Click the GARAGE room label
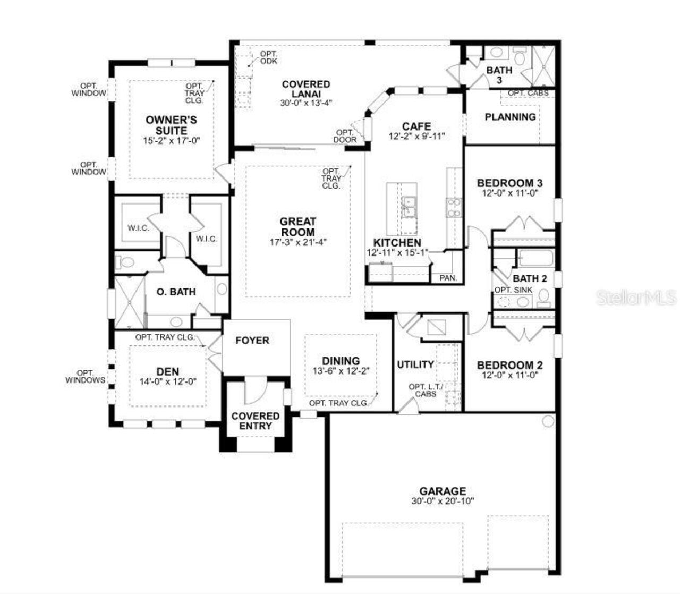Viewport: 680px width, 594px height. (x=442, y=491)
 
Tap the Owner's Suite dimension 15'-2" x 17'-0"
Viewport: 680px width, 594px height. (x=171, y=141)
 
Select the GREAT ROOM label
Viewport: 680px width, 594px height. (x=297, y=227)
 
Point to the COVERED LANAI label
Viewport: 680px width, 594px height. (x=306, y=89)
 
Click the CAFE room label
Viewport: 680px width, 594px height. (x=416, y=126)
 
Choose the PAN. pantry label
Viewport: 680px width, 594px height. (x=448, y=278)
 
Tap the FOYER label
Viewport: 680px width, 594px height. (x=252, y=341)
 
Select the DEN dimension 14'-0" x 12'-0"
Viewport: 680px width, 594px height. (x=168, y=381)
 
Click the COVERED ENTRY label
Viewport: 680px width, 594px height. (x=256, y=421)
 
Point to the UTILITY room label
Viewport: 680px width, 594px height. (x=415, y=364)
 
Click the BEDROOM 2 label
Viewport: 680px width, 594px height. (x=509, y=365)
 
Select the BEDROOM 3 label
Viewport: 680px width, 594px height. (x=509, y=183)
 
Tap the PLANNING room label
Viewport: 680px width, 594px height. (x=510, y=117)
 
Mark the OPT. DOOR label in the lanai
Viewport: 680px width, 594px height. (x=345, y=136)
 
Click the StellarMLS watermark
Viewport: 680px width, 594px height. (x=636, y=298)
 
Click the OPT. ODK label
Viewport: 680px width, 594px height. (x=268, y=58)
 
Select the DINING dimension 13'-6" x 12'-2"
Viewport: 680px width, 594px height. (x=341, y=371)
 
